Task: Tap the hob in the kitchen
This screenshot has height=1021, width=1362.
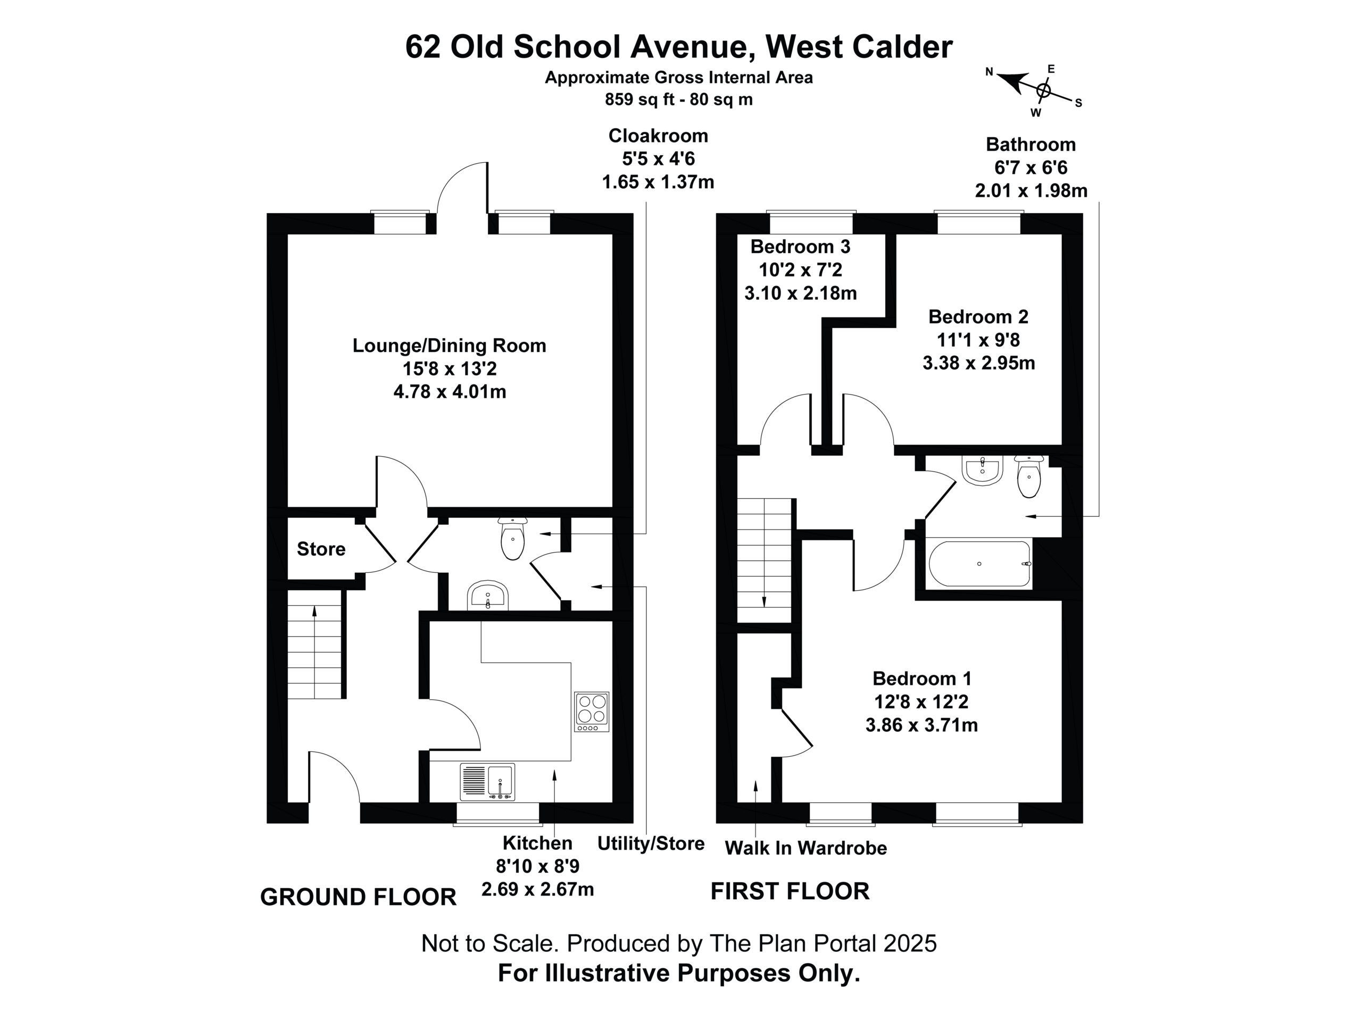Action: pyautogui.click(x=592, y=712)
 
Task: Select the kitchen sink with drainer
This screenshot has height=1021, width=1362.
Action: pyautogui.click(x=487, y=782)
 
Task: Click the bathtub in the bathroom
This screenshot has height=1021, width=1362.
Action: pyautogui.click(x=979, y=564)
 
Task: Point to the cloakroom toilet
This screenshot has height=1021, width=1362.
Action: pyautogui.click(x=513, y=538)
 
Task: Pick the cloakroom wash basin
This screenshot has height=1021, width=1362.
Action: pyautogui.click(x=488, y=596)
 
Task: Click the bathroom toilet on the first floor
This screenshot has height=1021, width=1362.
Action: pyautogui.click(x=1029, y=476)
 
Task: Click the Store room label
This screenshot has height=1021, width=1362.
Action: pyautogui.click(x=321, y=549)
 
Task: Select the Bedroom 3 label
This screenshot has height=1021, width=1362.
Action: pyautogui.click(x=801, y=247)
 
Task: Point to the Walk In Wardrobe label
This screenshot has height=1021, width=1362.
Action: pyautogui.click(x=806, y=848)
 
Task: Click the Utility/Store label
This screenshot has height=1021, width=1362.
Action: pyautogui.click(x=651, y=843)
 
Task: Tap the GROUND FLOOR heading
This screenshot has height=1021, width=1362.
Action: pyautogui.click(x=359, y=897)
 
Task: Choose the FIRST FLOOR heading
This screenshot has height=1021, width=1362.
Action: pyautogui.click(x=790, y=891)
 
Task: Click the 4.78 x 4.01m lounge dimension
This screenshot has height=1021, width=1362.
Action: pyautogui.click(x=450, y=391)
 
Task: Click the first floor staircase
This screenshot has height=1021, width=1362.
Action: pyautogui.click(x=764, y=560)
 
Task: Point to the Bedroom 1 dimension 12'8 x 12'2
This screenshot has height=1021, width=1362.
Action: pyautogui.click(x=922, y=701)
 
